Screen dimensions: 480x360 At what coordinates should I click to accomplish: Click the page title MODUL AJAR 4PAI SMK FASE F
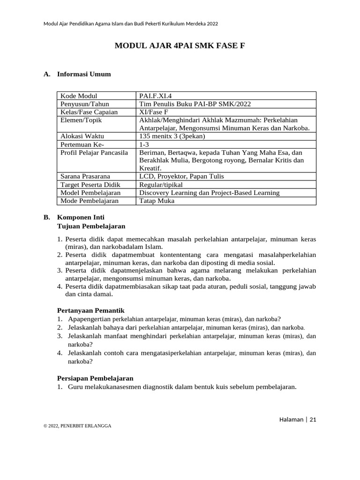point(180,46)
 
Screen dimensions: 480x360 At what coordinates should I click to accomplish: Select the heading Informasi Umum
point(84,74)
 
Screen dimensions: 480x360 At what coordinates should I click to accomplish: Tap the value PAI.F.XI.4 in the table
point(155,96)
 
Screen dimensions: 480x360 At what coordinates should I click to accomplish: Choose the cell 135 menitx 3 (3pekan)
point(172,136)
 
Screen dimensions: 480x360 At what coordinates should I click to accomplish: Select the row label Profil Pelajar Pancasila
point(94,152)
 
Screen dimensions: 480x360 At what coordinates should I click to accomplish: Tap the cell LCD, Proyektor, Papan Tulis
point(181,176)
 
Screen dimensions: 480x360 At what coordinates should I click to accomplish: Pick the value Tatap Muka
point(157,201)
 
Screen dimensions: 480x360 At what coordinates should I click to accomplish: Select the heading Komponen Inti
point(81,217)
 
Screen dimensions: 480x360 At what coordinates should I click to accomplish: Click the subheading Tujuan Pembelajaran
point(91,226)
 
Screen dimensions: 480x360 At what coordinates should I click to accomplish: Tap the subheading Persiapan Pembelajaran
point(95,378)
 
